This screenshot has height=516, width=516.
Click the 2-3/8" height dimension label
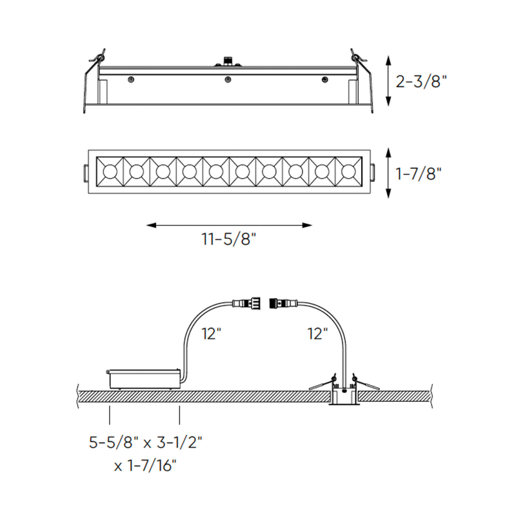pyautogui.click(x=421, y=81)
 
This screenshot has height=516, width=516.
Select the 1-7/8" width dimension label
pyautogui.click(x=418, y=174)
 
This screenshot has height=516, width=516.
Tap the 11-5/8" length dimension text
pyautogui.click(x=229, y=239)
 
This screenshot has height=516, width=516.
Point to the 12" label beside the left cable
pyautogui.click(x=212, y=333)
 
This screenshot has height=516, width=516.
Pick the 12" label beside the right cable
pyautogui.click(x=318, y=333)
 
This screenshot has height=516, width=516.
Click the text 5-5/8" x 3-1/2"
pyautogui.click(x=145, y=442)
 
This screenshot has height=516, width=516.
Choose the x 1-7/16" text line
pyautogui.click(x=145, y=465)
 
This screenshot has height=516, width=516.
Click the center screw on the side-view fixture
pyautogui.click(x=228, y=79)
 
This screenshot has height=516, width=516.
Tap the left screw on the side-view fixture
pyautogui.click(x=131, y=79)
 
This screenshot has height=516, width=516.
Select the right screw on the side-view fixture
pyautogui.click(x=325, y=79)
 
